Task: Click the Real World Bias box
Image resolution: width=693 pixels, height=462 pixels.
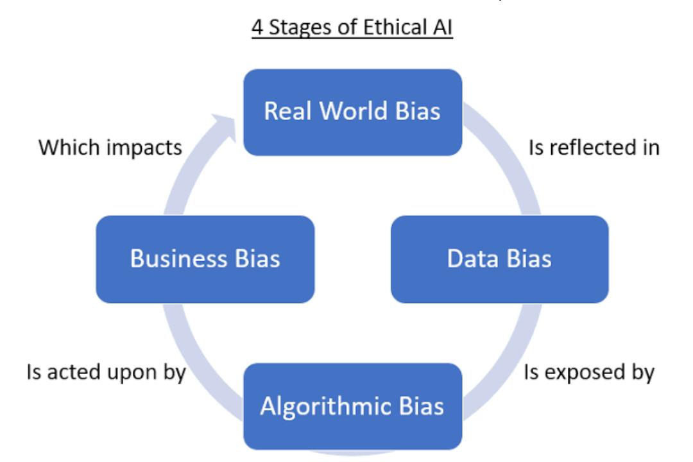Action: coord(353,112)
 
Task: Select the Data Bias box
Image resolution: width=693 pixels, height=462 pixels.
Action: coord(499,259)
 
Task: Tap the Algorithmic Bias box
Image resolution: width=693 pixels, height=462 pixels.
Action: coord(353,406)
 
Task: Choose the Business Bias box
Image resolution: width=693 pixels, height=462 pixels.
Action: coord(205,259)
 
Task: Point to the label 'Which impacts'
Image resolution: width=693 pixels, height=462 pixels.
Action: coord(110,147)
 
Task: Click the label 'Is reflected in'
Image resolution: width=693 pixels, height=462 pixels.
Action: coord(594,147)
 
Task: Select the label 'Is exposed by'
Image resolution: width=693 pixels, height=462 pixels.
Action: coord(588,372)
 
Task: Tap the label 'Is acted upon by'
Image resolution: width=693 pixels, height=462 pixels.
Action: coord(106,372)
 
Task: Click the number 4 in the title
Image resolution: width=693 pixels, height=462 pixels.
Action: coord(257,28)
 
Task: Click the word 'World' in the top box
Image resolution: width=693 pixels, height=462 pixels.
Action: coord(354,110)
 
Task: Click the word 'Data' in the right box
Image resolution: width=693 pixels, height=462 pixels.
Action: coord(473,259)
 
